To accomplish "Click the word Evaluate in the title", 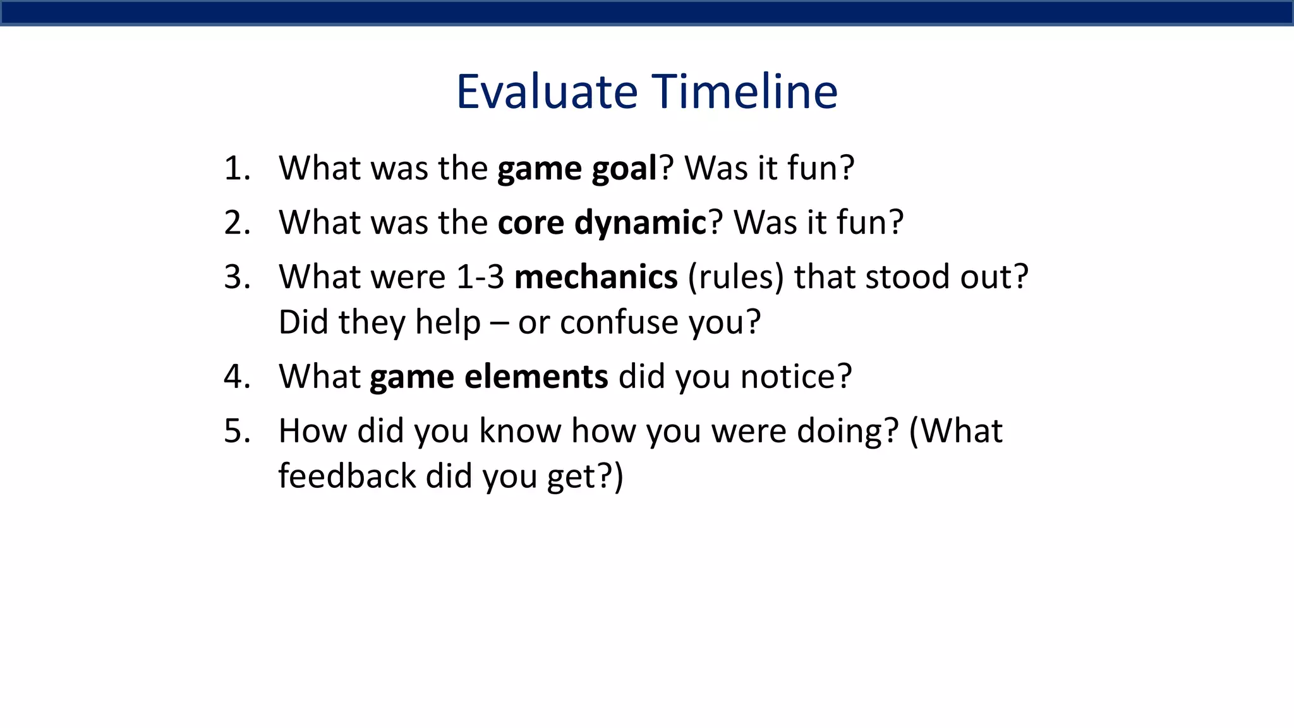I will [547, 92].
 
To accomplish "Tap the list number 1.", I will [236, 168].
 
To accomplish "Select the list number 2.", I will [236, 222].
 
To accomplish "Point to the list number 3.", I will [236, 277].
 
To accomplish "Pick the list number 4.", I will [236, 377].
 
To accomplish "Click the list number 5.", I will [236, 431].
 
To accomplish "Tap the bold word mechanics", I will [596, 277].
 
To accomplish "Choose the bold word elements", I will [536, 377].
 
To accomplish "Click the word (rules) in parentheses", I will [735, 277].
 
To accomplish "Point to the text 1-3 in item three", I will [480, 277].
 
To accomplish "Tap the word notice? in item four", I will [796, 377].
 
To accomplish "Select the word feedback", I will [347, 476].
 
